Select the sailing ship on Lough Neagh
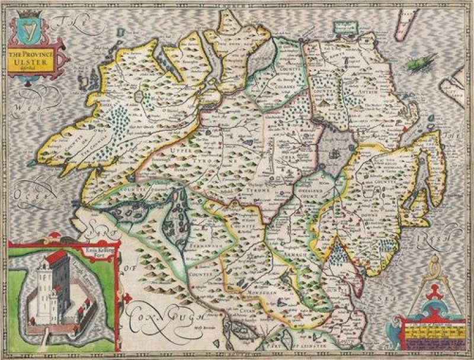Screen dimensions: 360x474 coord(334,156)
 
